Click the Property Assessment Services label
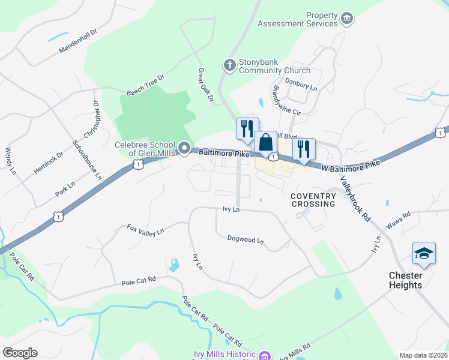[x=298, y=19]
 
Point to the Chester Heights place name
[x=405, y=280]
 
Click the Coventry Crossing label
[x=313, y=200]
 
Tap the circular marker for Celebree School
[x=184, y=148]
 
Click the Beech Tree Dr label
[x=145, y=86]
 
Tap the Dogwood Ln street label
[x=246, y=239]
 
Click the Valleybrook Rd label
[x=355, y=199]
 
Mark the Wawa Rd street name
[x=398, y=219]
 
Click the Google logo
[x=20, y=352]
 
